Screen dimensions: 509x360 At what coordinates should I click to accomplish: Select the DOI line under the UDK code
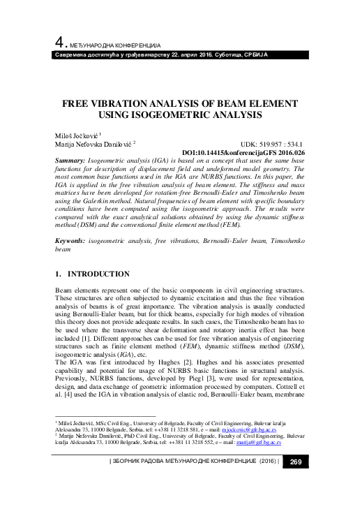pyautogui.click(x=243, y=152)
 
